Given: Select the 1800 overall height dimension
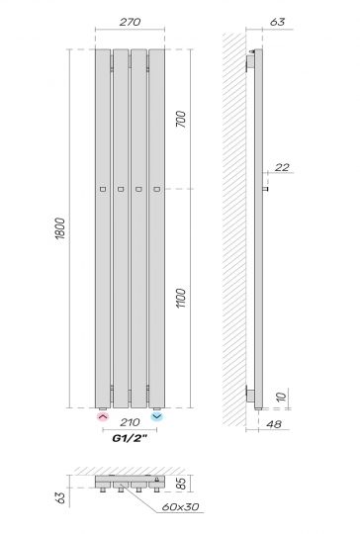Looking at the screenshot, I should point(61,229).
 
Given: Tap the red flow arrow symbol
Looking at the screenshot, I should point(103,418).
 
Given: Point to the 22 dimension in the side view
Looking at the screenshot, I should point(282,168).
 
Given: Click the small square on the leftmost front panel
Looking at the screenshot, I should point(103,188).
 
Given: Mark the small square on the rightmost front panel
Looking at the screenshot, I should point(156,188).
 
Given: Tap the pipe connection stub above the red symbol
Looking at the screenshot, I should point(103,407).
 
